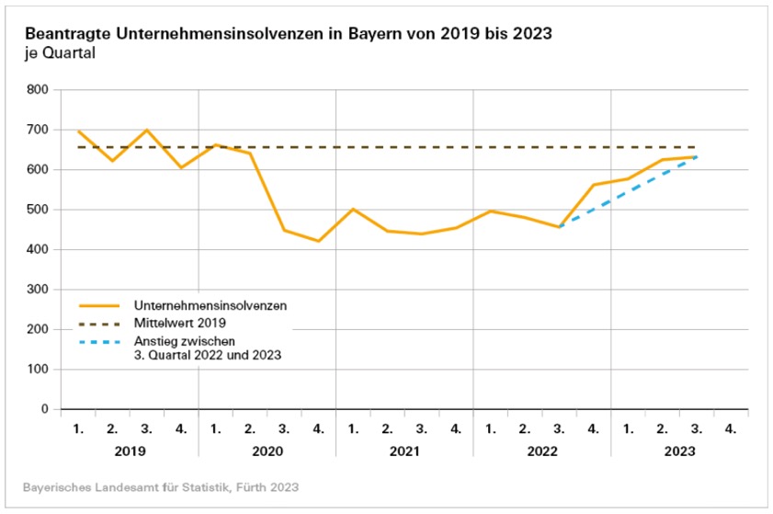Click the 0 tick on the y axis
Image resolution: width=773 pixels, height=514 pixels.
coord(44,409)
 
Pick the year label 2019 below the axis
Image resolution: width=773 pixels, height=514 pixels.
coord(130,451)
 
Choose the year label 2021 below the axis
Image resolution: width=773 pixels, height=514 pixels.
coord(404,451)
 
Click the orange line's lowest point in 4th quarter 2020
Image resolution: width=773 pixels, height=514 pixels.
coord(318,241)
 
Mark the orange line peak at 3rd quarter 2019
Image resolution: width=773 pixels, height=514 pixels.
coord(147,130)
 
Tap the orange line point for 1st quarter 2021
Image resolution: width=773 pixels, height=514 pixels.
coord(352,209)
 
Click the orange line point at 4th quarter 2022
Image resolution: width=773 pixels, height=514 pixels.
coord(593,185)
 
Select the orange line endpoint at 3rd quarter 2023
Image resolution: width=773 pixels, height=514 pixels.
coord(695,157)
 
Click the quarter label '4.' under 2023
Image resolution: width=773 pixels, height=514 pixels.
coord(729,428)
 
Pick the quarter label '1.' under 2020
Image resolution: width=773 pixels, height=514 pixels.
coord(215,428)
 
